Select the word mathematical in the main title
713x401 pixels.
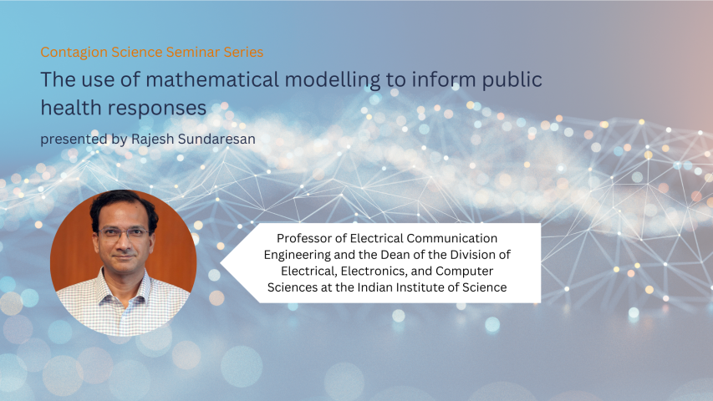click(x=212, y=79)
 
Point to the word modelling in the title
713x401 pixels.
click(x=333, y=80)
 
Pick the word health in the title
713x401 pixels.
click(x=70, y=108)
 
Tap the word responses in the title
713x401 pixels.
click(x=157, y=109)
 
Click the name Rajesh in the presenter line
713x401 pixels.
click(x=152, y=139)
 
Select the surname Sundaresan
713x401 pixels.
click(x=216, y=139)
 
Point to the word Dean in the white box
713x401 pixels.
click(x=392, y=254)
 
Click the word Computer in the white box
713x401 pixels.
click(x=464, y=272)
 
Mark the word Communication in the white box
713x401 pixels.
click(x=452, y=238)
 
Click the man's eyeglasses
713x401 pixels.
click(x=123, y=234)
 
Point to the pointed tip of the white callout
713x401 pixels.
click(x=221, y=262)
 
